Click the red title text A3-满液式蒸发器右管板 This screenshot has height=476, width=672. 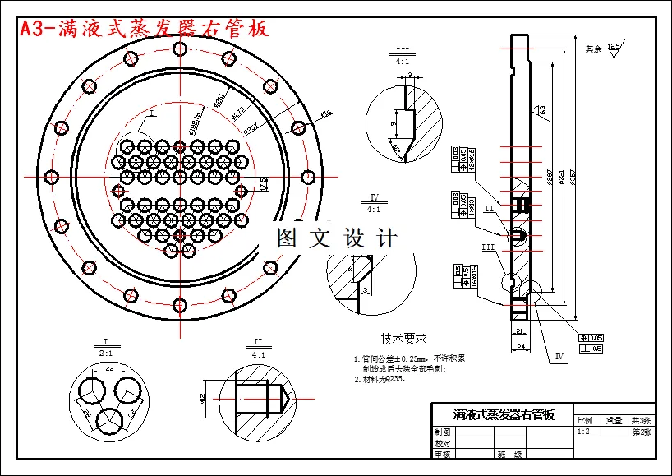click(144, 29)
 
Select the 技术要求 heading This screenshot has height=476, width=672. click(403, 339)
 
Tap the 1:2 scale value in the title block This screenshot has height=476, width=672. click(584, 432)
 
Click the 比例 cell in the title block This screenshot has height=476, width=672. click(585, 419)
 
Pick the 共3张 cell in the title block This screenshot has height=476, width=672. click(642, 419)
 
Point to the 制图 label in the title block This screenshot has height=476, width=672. click(443, 432)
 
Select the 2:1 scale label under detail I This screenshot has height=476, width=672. click(106, 352)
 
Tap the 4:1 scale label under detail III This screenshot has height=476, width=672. click(403, 62)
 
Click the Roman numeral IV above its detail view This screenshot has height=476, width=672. click(374, 198)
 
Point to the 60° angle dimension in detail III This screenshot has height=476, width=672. click(396, 149)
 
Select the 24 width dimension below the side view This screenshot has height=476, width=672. click(520, 348)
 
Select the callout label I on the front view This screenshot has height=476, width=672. click(152, 117)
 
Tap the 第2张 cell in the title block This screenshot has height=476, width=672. click(642, 432)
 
